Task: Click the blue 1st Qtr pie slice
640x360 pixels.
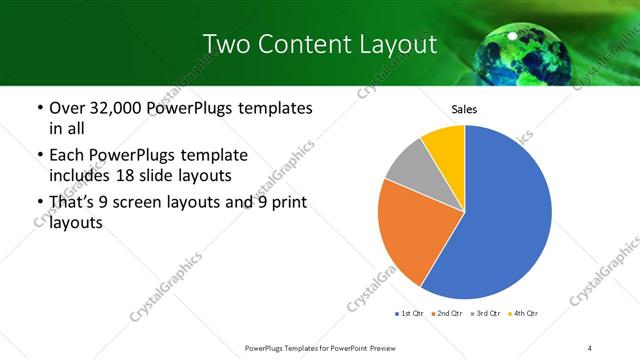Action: (x=505, y=220)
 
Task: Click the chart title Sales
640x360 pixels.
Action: (x=464, y=109)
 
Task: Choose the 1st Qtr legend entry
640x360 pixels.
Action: (x=411, y=313)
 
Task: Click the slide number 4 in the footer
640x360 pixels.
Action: (x=589, y=347)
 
